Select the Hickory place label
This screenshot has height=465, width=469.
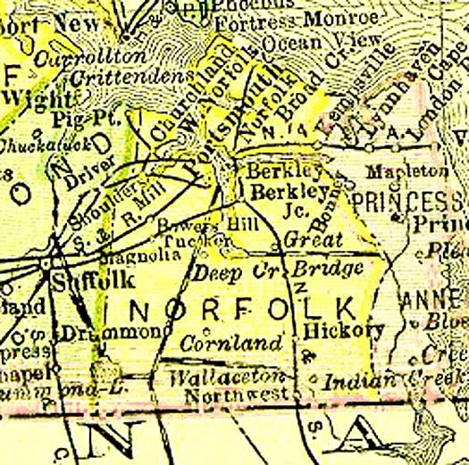[x=344, y=330]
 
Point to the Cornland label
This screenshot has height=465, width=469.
[x=232, y=343]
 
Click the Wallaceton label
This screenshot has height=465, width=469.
[x=228, y=378]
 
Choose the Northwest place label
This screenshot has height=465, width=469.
[x=236, y=393]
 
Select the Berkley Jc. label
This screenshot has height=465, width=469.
[x=285, y=200]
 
